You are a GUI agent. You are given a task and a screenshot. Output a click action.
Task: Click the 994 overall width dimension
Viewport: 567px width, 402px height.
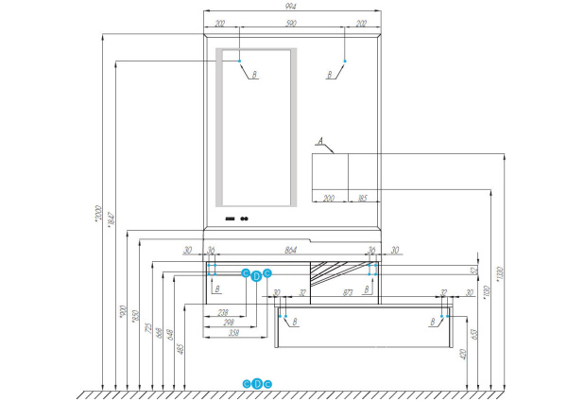(293, 6)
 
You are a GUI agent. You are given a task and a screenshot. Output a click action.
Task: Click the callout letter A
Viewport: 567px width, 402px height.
(321, 142)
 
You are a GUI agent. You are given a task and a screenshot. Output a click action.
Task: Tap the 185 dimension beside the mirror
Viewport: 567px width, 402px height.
(362, 199)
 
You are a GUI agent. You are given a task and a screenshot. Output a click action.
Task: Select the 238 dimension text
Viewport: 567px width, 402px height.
(223, 312)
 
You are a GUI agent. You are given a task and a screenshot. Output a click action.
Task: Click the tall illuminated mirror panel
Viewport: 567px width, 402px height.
(258, 126)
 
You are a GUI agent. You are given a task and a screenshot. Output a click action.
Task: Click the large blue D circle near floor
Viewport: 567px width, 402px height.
(257, 383)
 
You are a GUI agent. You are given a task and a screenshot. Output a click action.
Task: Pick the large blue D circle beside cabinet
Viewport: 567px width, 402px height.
(256, 274)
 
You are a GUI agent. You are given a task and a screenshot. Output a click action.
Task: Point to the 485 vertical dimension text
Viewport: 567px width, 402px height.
(180, 346)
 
